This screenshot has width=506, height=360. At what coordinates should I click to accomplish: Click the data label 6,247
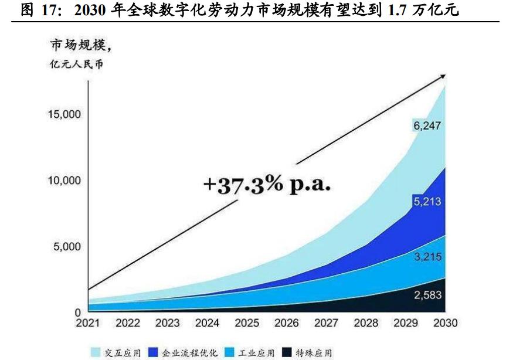coord(426,125)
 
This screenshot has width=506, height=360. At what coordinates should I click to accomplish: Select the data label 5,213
coord(426,202)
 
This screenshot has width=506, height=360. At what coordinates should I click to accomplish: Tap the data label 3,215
coord(426,257)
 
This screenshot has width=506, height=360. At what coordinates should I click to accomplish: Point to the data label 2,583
coord(426,295)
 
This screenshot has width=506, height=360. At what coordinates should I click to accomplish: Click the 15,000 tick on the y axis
coord(64,114)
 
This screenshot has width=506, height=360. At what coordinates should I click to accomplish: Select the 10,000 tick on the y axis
coord(64,180)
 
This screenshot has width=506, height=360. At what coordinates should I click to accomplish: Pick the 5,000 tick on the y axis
coord(67,246)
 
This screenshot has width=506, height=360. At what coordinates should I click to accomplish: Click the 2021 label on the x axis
coord(87,324)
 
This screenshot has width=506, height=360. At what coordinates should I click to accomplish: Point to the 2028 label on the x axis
coord(365,324)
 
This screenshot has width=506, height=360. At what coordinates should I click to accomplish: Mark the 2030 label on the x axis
coord(444,324)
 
